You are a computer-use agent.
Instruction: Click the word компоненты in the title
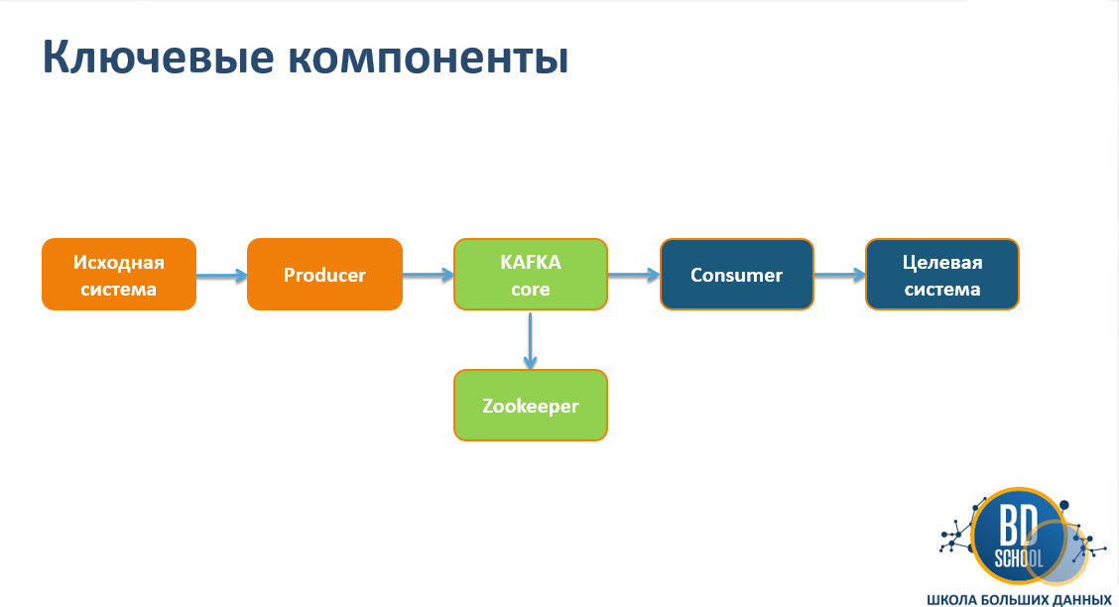click(429, 60)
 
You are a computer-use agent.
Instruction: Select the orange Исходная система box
click(118, 275)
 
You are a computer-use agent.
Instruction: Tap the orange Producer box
click(324, 275)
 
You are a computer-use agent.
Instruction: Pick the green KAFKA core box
click(530, 275)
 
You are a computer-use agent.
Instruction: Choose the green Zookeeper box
click(530, 405)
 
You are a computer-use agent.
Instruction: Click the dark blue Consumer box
click(736, 275)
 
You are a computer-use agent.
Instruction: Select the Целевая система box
click(941, 275)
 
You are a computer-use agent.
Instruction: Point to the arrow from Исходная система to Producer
click(221, 276)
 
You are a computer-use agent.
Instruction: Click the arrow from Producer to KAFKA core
click(428, 276)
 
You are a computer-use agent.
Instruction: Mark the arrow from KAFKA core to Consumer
click(633, 276)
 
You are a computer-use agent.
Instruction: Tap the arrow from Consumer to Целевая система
click(839, 276)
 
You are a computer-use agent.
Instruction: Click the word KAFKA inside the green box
click(531, 263)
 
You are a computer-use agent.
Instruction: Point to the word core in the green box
click(531, 289)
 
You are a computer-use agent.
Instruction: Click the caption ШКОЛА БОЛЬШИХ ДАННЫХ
click(1018, 599)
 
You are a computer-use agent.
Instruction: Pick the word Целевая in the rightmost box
click(941, 263)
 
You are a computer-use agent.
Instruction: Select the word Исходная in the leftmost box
click(118, 263)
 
